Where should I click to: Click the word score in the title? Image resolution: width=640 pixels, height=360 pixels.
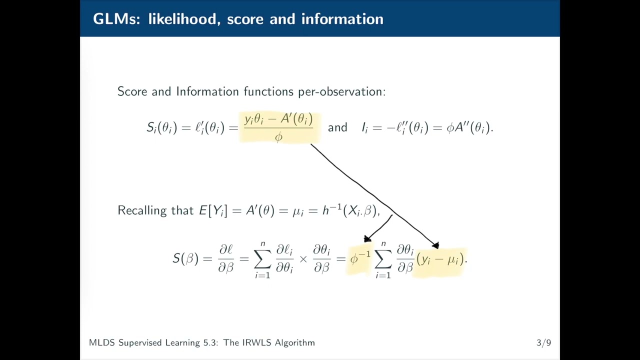point(245,19)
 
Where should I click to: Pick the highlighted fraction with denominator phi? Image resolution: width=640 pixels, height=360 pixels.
point(278,127)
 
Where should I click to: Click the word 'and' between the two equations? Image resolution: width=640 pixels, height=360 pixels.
point(337,127)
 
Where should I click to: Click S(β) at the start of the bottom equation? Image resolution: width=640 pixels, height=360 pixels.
point(185,258)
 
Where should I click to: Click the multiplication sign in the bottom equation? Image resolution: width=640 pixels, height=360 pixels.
point(303,259)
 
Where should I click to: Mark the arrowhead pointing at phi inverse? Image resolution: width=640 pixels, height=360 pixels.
point(367,238)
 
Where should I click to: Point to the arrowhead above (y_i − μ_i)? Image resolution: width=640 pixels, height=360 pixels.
point(435,245)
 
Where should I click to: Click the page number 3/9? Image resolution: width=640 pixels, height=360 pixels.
point(543,342)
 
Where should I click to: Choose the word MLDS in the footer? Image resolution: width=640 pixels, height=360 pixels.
point(101,342)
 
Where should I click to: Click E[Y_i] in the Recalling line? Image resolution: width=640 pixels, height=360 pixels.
point(213,210)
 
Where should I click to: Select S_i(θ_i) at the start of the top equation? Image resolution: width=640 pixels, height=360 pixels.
point(161,127)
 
